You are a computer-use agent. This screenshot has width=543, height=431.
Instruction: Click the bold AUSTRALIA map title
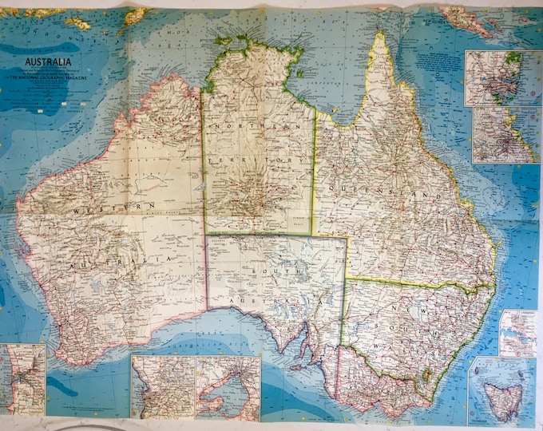click(48, 61)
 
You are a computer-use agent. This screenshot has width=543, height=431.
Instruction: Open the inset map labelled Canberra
click(519, 332)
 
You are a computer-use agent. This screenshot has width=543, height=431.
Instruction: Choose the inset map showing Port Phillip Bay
click(228, 388)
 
